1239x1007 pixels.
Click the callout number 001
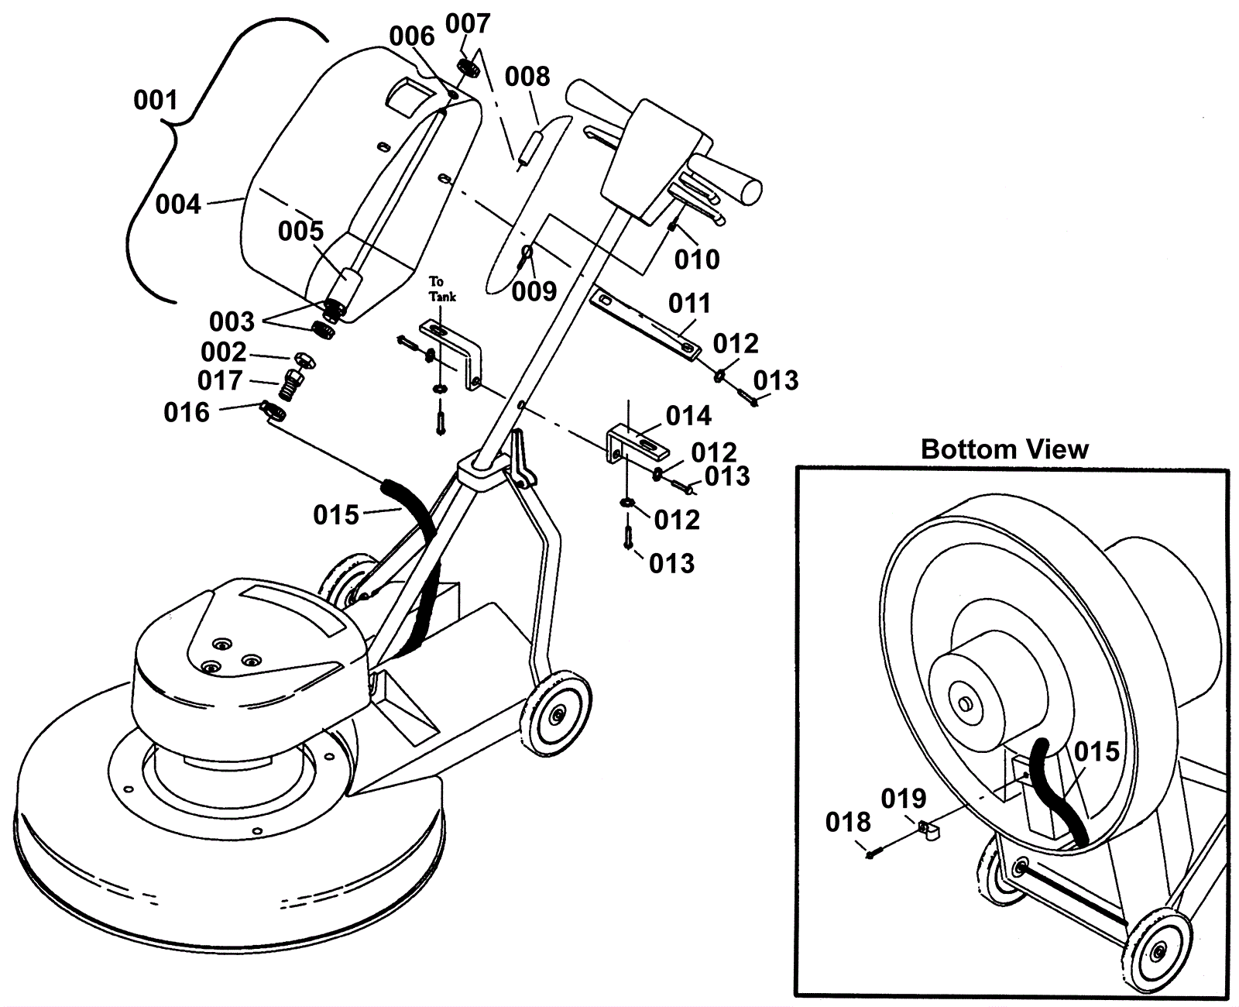[x=156, y=100]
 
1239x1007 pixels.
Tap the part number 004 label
[x=178, y=204]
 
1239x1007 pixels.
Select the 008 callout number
[x=527, y=76]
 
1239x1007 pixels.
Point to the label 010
[x=697, y=259]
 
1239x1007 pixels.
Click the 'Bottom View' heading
[x=1004, y=449]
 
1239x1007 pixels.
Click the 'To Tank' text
[x=442, y=289]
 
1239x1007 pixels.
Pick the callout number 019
[x=904, y=799]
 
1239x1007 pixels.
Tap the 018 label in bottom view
[x=848, y=823]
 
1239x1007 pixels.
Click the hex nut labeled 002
[x=305, y=360]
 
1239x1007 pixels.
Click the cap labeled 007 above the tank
[x=468, y=67]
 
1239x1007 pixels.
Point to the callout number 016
[x=186, y=412]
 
